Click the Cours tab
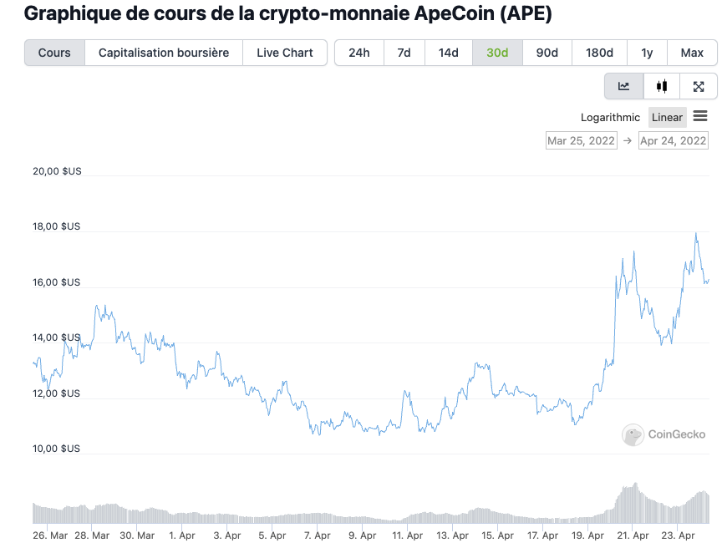tap(54, 53)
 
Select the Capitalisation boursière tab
tap(164, 53)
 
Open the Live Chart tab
tap(285, 53)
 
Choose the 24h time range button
tap(359, 53)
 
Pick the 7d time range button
tap(404, 53)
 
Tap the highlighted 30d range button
tap(497, 53)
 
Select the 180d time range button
tap(599, 53)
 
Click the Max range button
tap(692, 53)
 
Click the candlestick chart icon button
tap(662, 86)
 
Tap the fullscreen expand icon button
tap(699, 86)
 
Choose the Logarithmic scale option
tap(610, 117)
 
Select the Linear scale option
tap(668, 117)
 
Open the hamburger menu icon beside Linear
tap(700, 116)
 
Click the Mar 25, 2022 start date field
tap(581, 140)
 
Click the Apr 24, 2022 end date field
tap(673, 140)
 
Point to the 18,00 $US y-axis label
tap(57, 226)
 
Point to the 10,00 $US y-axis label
tap(57, 449)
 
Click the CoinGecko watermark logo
tap(664, 434)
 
